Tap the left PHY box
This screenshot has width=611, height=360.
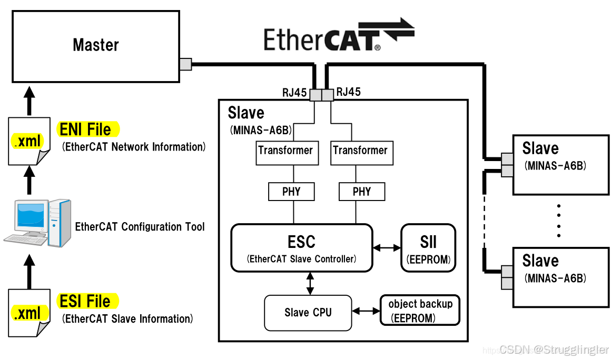pos(291,192)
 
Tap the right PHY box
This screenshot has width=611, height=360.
pos(361,192)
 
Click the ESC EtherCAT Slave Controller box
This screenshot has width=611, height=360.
pos(301,248)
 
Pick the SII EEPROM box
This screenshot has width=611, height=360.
pos(428,248)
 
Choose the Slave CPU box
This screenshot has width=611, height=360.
pos(308,313)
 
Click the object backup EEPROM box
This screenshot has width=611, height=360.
pos(420,311)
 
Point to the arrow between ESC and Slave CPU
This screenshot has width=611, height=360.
pos(310,283)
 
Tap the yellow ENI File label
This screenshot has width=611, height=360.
pos(87,129)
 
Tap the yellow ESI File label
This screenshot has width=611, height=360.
pos(87,302)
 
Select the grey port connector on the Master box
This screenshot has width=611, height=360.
pos(185,64)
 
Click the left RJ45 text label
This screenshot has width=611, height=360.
pos(294,93)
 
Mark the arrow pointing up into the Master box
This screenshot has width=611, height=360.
pos(29,99)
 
